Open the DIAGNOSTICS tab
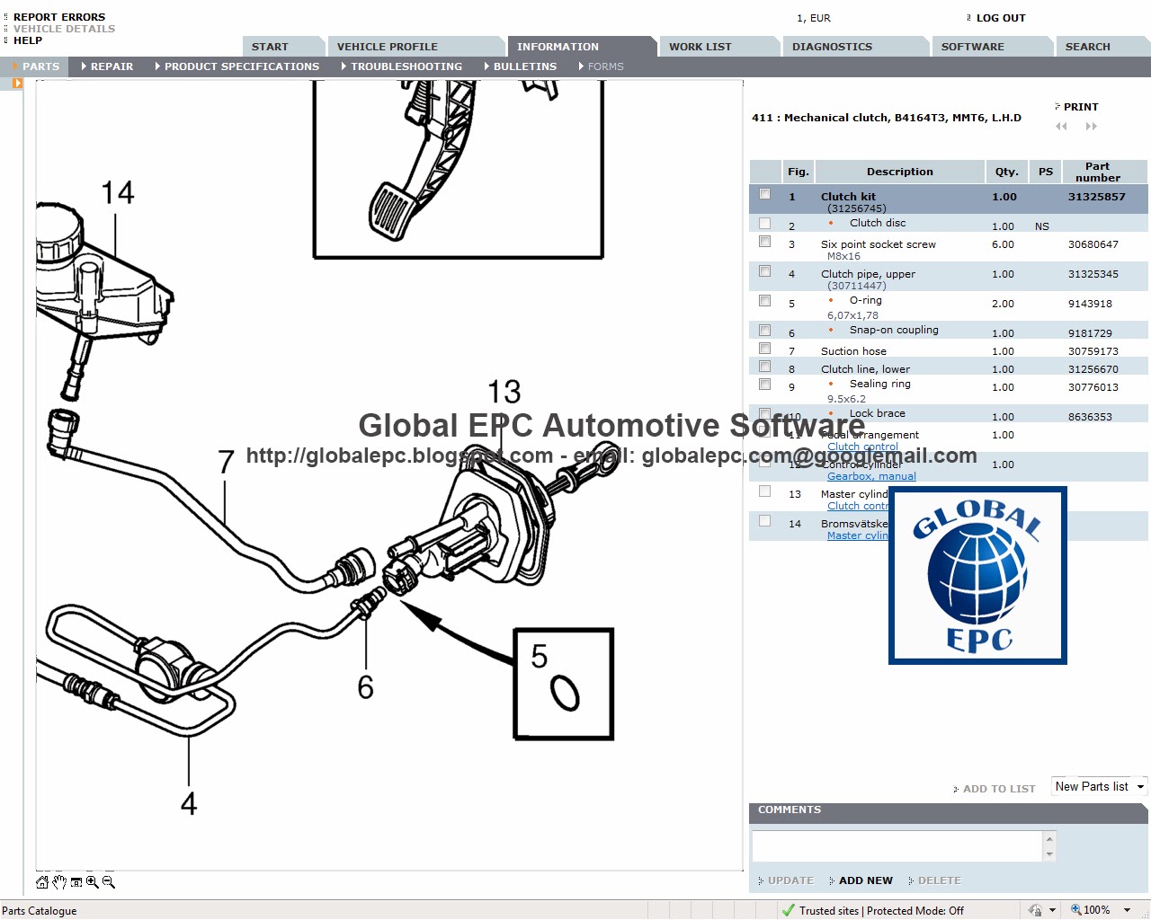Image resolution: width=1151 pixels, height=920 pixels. coord(832,47)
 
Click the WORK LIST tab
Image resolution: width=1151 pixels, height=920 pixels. coord(700,47)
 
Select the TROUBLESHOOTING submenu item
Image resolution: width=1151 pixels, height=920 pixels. coord(406,66)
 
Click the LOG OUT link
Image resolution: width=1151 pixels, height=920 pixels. coord(1000,18)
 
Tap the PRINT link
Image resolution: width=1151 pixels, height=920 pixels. coord(1080,107)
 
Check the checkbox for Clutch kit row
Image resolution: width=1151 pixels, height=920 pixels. coord(764,194)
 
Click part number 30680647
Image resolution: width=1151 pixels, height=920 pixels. coord(1093,244)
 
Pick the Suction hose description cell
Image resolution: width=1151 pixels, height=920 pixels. coord(853,351)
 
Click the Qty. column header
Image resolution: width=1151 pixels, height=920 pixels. coord(1006,172)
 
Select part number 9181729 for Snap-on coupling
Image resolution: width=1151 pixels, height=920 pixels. coord(1090,333)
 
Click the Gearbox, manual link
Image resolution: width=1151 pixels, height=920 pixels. coord(870,476)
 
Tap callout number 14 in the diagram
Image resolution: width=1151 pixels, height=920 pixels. coord(117,192)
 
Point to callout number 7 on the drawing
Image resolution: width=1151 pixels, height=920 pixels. coord(226,462)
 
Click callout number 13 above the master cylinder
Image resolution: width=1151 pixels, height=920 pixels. coord(504,392)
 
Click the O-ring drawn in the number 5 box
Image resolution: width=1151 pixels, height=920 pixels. coord(565,692)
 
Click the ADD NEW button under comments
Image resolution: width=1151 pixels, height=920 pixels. coord(865,880)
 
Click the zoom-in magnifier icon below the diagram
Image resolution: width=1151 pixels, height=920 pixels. coord(92,882)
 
